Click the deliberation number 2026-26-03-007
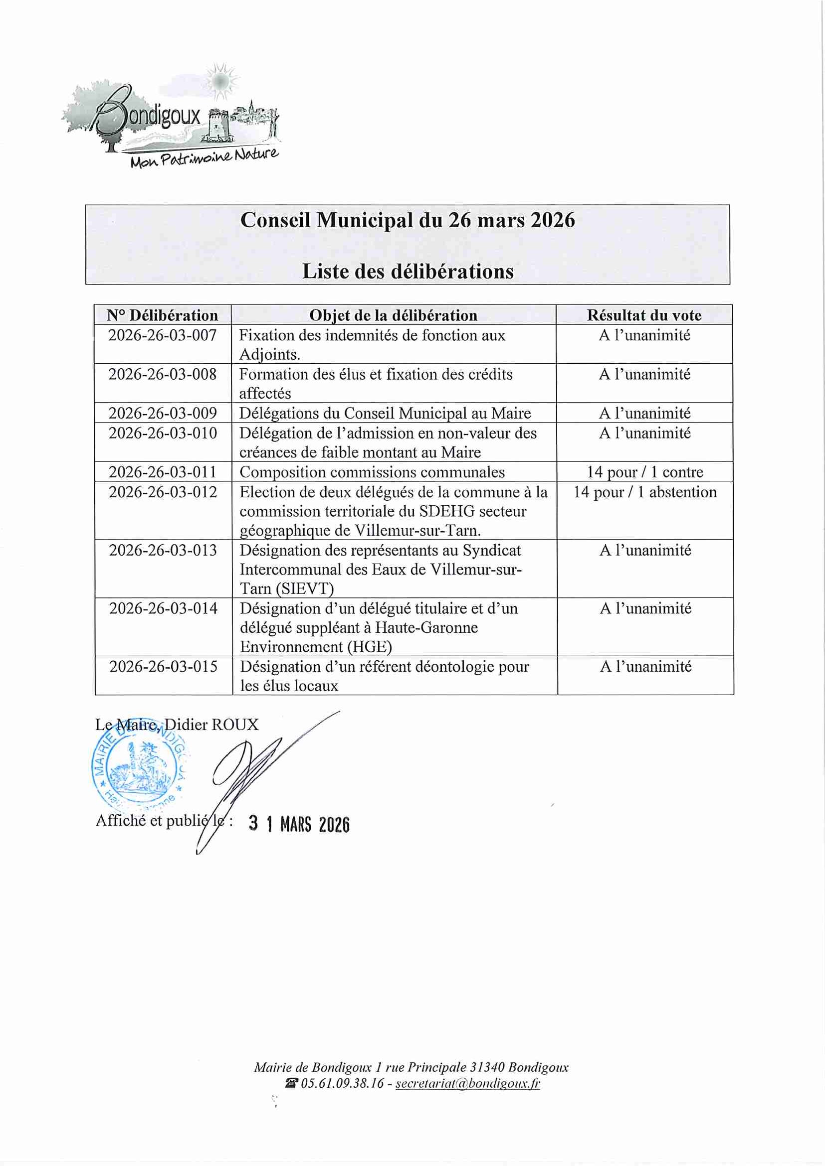click(x=162, y=335)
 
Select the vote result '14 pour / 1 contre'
click(x=644, y=472)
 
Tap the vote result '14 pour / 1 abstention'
click(x=644, y=492)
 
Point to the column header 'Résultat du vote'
click(x=644, y=315)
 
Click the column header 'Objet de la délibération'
click(x=394, y=315)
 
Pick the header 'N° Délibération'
click(x=162, y=315)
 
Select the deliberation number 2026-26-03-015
click(x=163, y=666)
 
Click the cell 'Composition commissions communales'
click(x=372, y=472)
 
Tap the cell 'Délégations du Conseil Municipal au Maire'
click(x=385, y=413)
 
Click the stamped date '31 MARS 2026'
click(x=299, y=824)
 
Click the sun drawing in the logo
click(x=221, y=80)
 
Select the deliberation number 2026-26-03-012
click(x=163, y=492)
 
